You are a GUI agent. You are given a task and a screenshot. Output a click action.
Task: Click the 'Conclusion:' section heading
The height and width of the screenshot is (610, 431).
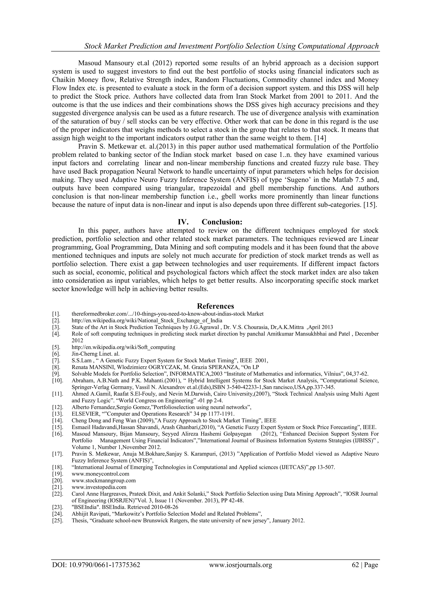click(x=222, y=222)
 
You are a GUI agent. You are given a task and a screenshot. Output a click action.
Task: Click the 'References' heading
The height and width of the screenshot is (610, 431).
click(x=215, y=306)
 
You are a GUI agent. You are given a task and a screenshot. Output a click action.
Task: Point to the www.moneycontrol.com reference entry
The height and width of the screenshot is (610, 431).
click(x=100, y=474)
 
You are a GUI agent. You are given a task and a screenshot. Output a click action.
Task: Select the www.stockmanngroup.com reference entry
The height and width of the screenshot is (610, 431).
click(x=104, y=480)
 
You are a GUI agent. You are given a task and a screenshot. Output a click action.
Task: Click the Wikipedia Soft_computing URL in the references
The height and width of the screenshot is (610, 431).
click(x=123, y=347)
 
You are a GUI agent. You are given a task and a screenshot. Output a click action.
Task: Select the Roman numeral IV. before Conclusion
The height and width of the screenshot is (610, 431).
click(x=183, y=222)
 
